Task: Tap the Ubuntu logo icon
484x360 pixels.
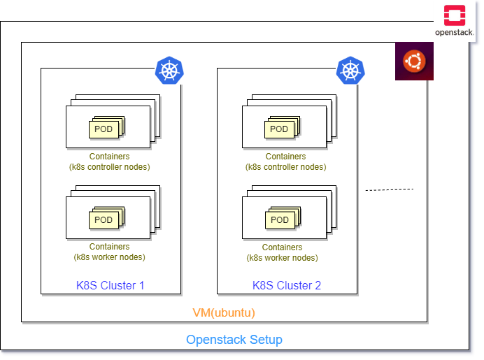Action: coord(413,62)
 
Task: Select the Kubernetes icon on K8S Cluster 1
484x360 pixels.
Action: coord(169,71)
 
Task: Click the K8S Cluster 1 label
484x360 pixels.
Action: coord(110,285)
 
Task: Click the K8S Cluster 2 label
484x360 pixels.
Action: coord(287,285)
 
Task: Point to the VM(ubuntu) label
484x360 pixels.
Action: coord(224,312)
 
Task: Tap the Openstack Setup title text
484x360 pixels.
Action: coord(234,340)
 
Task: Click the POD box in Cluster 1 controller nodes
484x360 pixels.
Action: coord(103,129)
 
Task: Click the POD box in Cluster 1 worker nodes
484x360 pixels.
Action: coord(103,220)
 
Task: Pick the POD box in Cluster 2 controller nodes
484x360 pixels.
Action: coord(279,129)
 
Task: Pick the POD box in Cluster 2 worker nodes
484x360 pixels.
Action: coord(279,220)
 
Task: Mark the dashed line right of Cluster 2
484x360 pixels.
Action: coord(390,189)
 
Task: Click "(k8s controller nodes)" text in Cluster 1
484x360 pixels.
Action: coord(109,167)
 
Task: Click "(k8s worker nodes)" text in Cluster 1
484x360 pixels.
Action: coord(109,257)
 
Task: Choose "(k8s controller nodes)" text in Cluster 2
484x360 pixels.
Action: coord(285,167)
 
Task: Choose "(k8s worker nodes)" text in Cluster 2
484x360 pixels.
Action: coord(282,258)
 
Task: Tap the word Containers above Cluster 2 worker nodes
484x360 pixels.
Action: coord(282,247)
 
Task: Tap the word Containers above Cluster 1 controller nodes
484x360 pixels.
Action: coord(109,157)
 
